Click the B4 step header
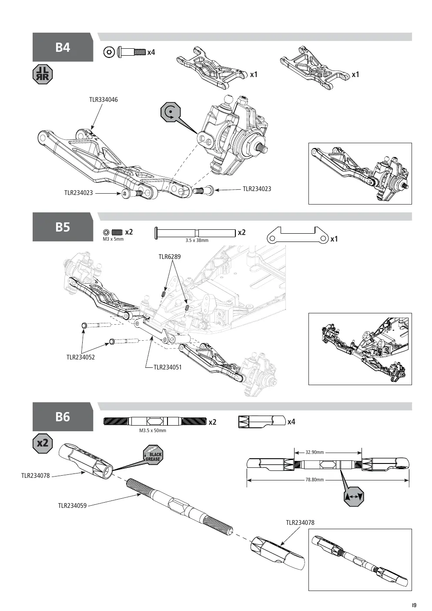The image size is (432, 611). pyautogui.click(x=63, y=47)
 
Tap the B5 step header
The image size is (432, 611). pyautogui.click(x=63, y=227)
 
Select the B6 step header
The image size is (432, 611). pyautogui.click(x=63, y=417)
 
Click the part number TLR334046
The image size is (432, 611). pyautogui.click(x=104, y=100)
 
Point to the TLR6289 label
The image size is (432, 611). pyautogui.click(x=170, y=257)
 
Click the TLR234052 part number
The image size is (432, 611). pyautogui.click(x=81, y=357)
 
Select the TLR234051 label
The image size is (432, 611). pyautogui.click(x=167, y=367)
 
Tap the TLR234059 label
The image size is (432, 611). pyautogui.click(x=72, y=506)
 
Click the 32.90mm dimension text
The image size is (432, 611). pyautogui.click(x=315, y=452)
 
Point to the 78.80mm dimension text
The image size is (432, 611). pyautogui.click(x=315, y=480)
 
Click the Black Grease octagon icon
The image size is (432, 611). pyautogui.click(x=153, y=455)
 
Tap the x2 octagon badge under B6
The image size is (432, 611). pyautogui.click(x=43, y=443)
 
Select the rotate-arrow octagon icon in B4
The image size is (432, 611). pyautogui.click(x=171, y=112)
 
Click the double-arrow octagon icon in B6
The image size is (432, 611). pyautogui.click(x=354, y=497)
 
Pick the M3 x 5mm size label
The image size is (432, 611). pyautogui.click(x=113, y=239)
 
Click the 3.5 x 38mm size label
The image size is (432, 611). pyautogui.click(x=197, y=240)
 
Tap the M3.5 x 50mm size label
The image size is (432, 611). pyautogui.click(x=153, y=430)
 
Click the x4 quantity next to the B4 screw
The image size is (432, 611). pyautogui.click(x=151, y=52)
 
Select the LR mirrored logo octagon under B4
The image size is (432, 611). pyautogui.click(x=43, y=74)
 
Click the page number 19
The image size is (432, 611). pyautogui.click(x=414, y=605)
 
